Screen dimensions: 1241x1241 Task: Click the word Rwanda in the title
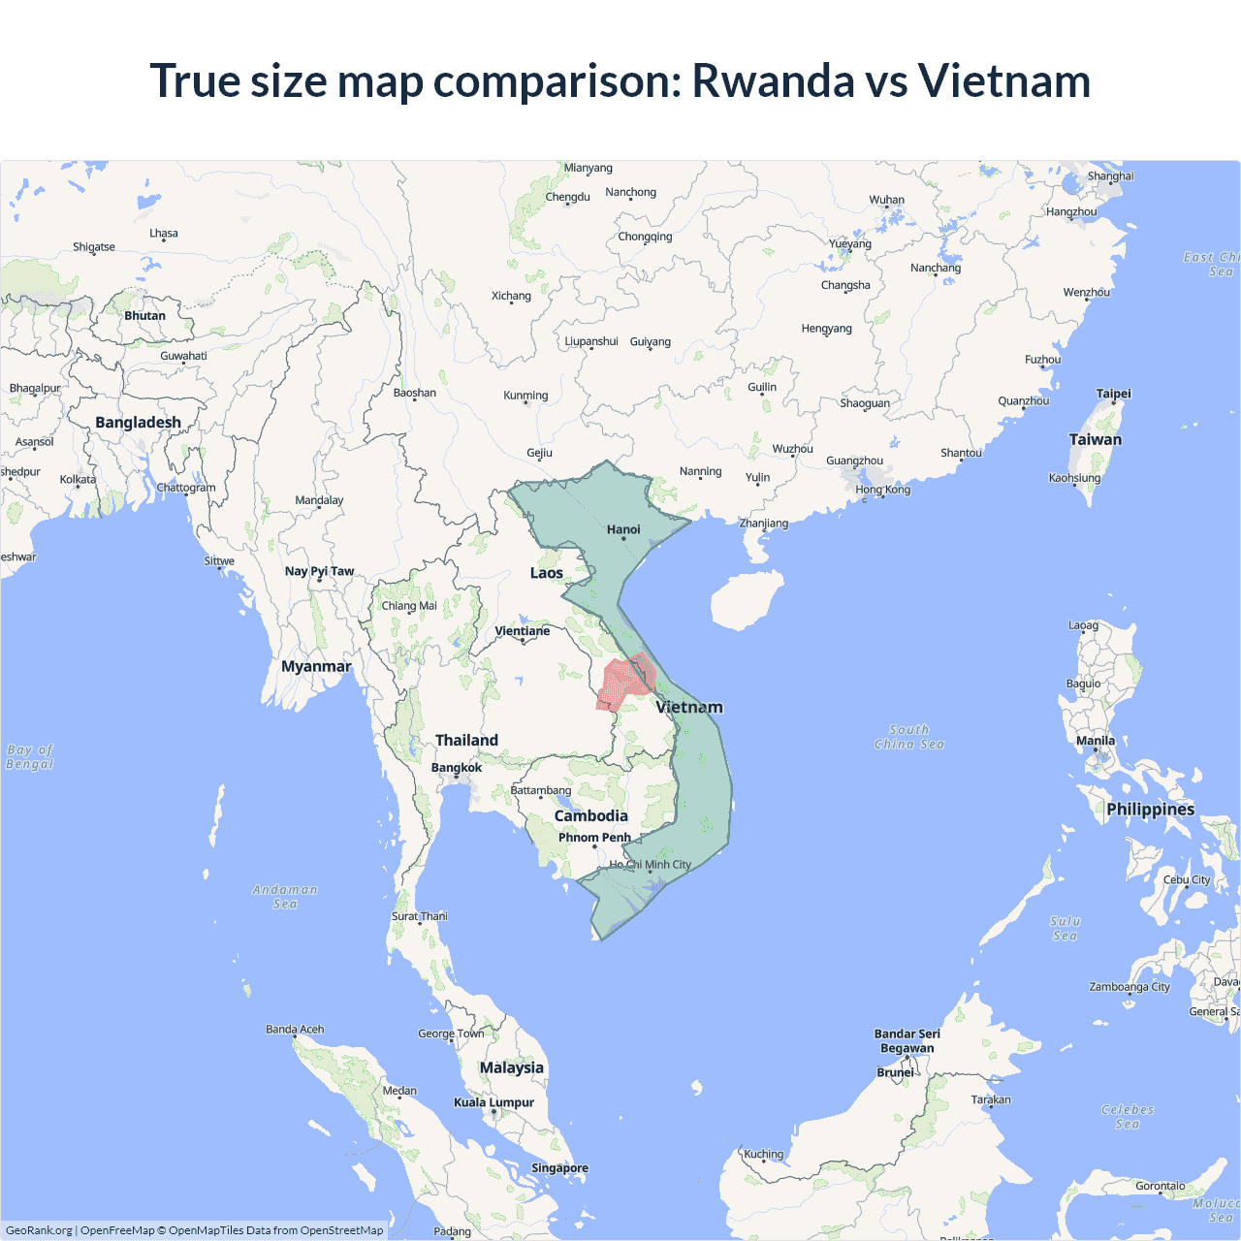772,80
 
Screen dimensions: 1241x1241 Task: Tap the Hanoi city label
623,529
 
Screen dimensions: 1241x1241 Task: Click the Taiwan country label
1095,439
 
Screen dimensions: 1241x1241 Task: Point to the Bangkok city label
456,768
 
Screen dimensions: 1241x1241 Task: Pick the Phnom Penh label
594,838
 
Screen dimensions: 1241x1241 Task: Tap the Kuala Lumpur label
493,1102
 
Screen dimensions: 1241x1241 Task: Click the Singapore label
559,1168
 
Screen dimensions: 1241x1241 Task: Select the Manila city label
1096,741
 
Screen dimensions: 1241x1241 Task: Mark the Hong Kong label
882,490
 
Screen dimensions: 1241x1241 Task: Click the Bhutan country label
144,316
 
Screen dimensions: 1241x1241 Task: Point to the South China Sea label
908,737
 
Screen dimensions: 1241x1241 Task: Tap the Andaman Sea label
285,897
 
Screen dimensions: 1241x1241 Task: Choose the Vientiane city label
522,631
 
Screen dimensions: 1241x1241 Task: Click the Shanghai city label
1110,176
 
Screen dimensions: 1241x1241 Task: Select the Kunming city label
525,396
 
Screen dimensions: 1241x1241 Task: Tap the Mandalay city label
319,500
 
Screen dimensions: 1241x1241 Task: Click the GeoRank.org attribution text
39,1230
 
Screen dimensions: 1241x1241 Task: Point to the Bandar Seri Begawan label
907,1041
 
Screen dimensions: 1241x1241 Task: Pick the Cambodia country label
590,816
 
